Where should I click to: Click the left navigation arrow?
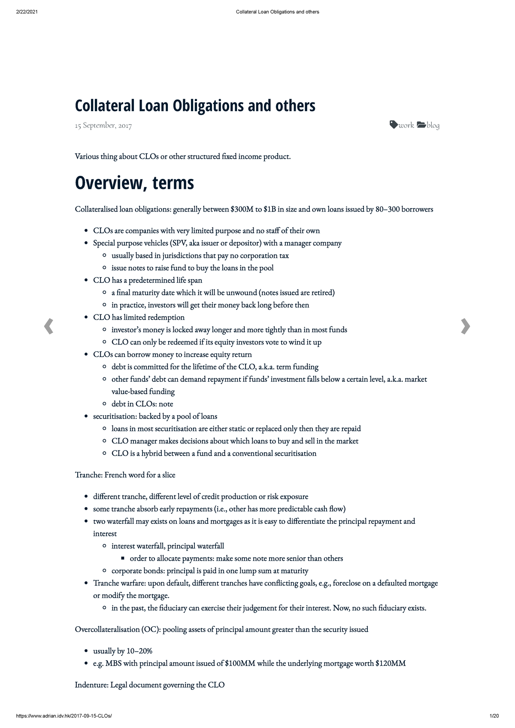pyautogui.click(x=48, y=326)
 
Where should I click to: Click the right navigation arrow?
pyautogui.click(x=465, y=326)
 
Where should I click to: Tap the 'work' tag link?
pyautogui.click(x=402, y=125)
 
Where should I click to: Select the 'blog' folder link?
pyautogui.click(x=428, y=125)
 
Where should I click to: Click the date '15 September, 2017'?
pyautogui.click(x=103, y=126)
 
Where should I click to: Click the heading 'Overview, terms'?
pyautogui.click(x=134, y=183)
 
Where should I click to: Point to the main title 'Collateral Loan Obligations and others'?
pyautogui.click(x=195, y=106)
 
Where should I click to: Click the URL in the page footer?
pyautogui.click(x=64, y=716)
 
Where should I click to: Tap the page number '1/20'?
pyautogui.click(x=494, y=716)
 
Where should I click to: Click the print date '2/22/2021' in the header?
pyautogui.click(x=27, y=12)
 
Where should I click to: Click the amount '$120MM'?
pyautogui.click(x=390, y=664)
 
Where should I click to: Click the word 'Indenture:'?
pyautogui.click(x=91, y=685)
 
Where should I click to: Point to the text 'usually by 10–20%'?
pyautogui.click(x=123, y=651)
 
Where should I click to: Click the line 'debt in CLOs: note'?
pyautogui.click(x=142, y=404)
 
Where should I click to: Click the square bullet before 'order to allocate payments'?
pyautogui.click(x=123, y=559)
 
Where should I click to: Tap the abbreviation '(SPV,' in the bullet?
pyautogui.click(x=179, y=243)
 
